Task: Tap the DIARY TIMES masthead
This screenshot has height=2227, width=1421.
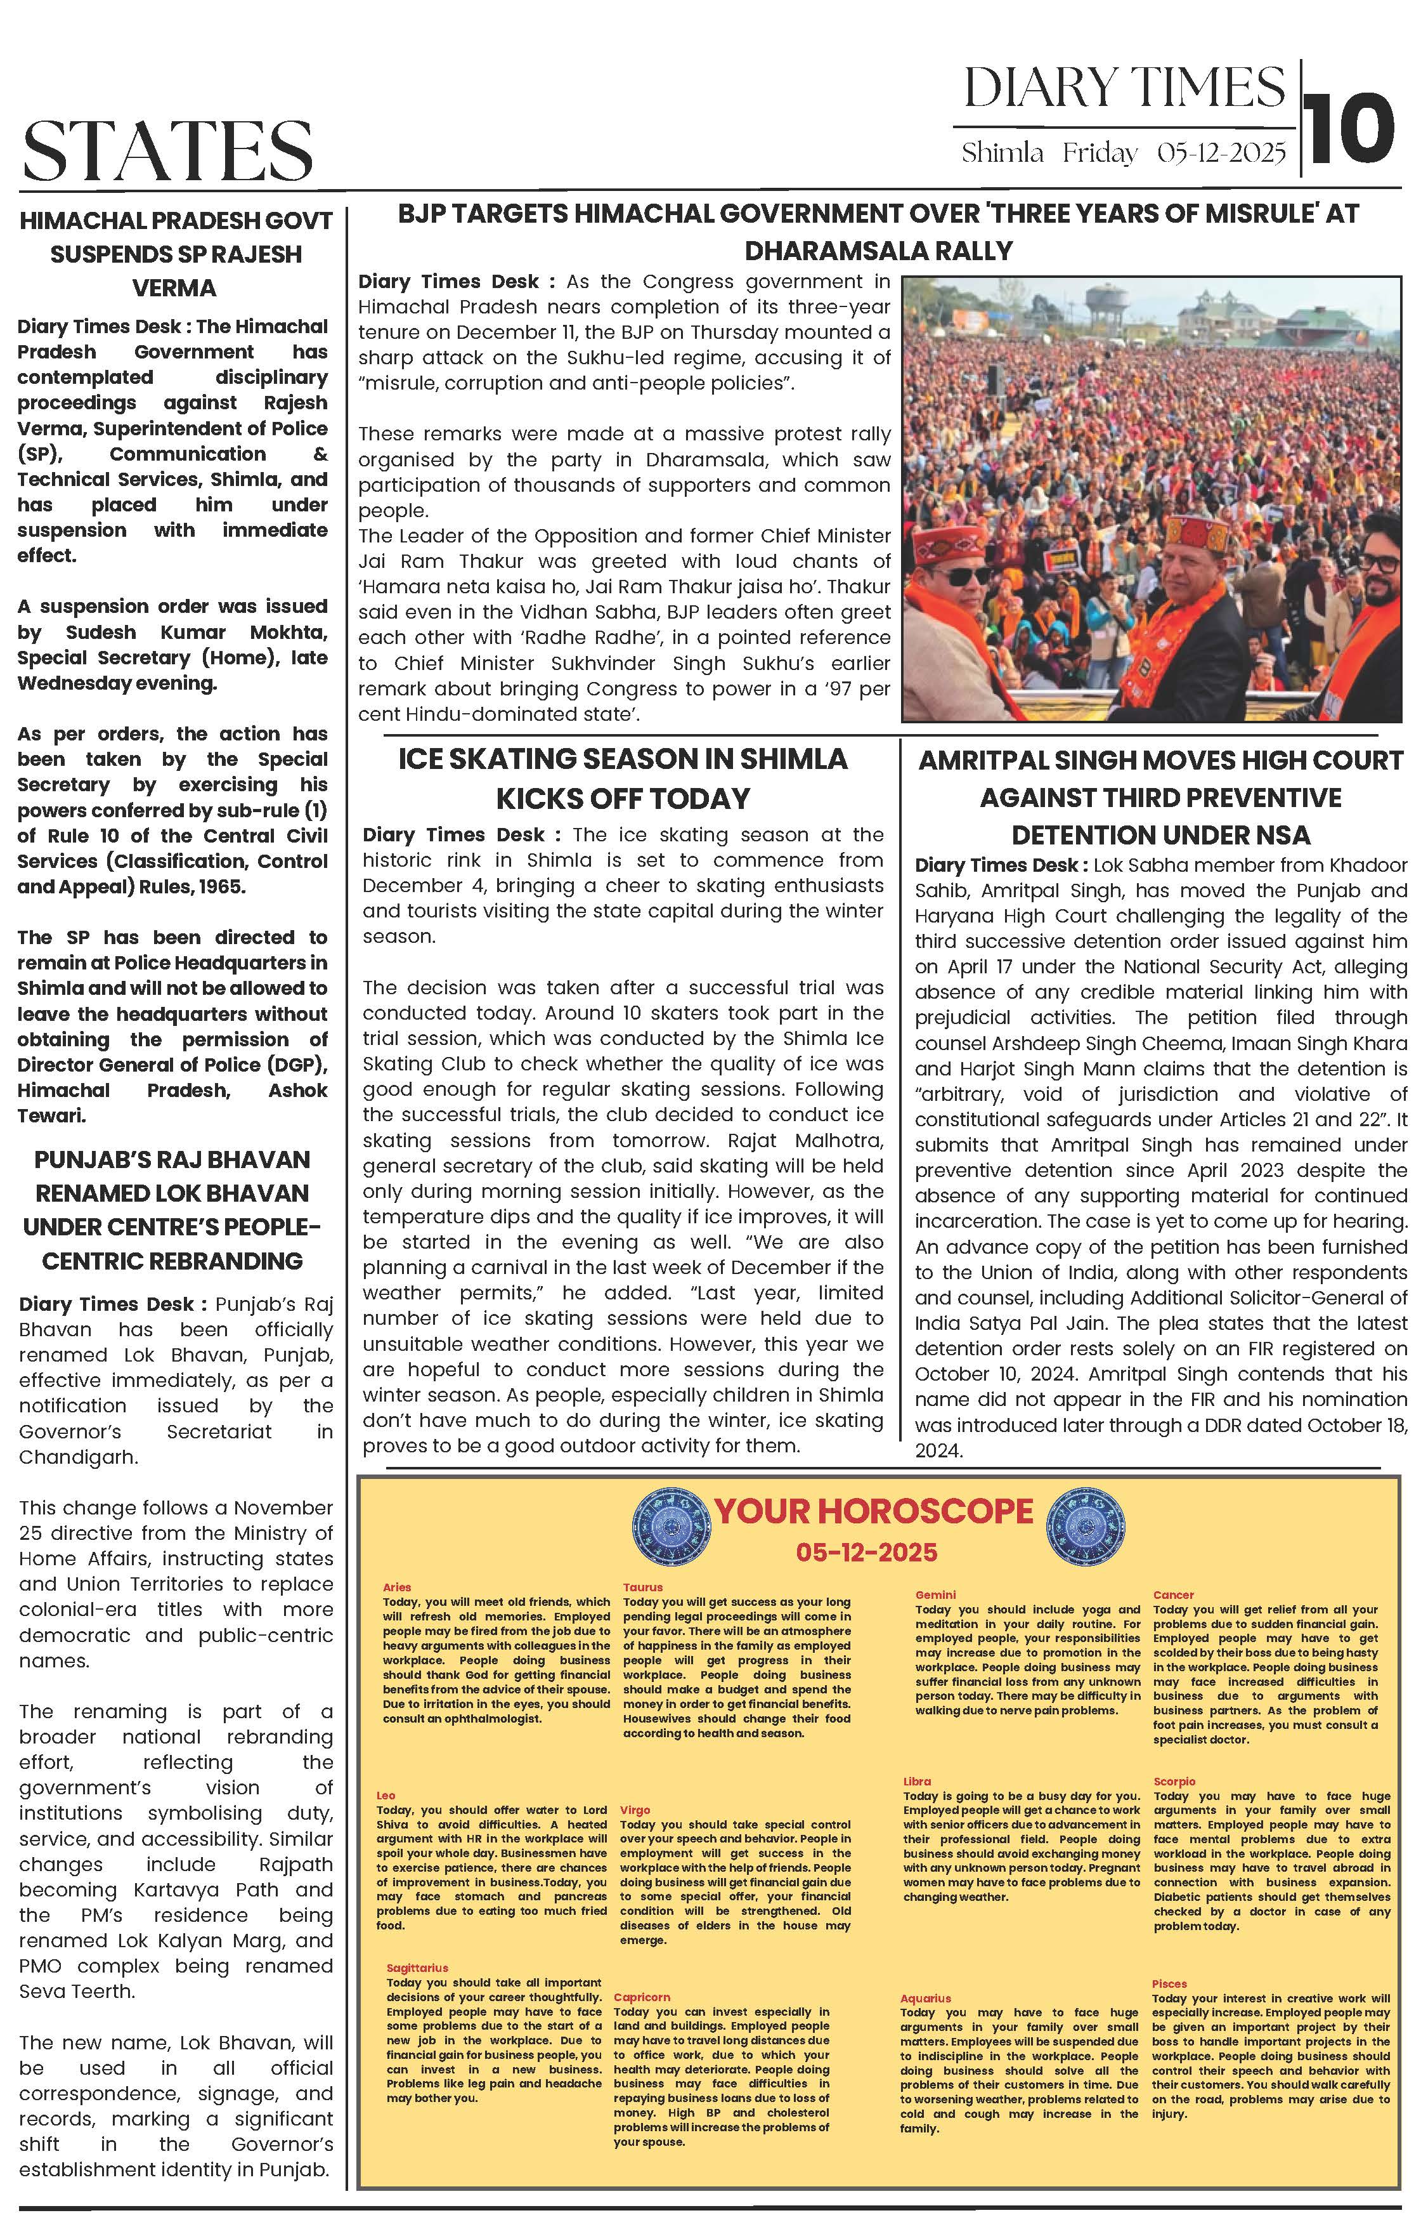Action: click(x=1124, y=89)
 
